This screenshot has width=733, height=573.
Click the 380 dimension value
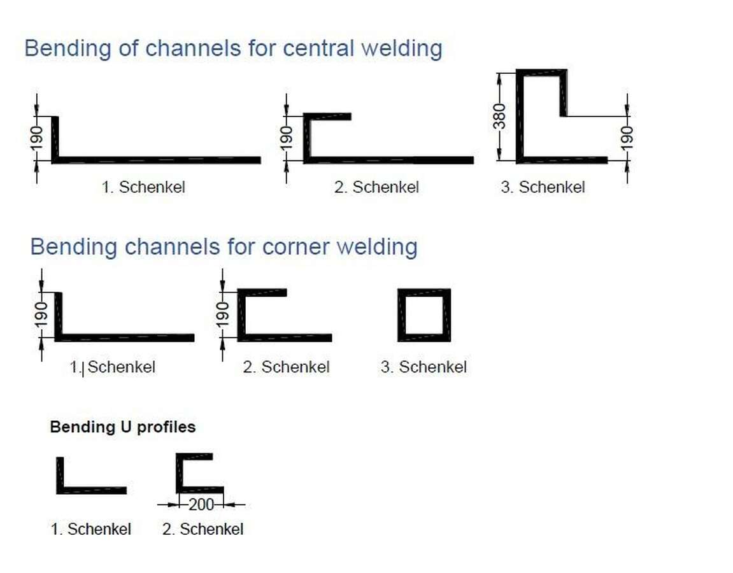pos(500,117)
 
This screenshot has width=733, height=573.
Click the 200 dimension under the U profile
pos(201,505)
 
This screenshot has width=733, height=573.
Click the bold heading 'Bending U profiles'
pos(123,427)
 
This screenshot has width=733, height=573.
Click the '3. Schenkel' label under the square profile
pos(423,367)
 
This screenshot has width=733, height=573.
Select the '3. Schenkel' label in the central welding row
pos(543,187)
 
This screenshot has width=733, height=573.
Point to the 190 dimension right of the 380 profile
pos(627,138)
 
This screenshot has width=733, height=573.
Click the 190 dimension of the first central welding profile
pos(36,138)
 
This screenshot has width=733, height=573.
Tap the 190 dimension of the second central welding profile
pos(286,138)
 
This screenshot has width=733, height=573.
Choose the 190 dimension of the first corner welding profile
pos(41,315)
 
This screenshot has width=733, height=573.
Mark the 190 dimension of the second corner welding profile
pos(222,315)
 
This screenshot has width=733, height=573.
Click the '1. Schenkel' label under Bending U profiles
pos(90,529)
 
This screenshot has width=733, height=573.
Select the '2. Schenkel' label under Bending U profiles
pos(203,529)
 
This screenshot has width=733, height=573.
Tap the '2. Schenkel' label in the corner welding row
pos(286,367)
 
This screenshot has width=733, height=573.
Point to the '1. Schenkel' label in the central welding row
pos(143,187)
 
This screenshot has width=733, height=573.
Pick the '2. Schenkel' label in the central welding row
pos(376,187)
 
